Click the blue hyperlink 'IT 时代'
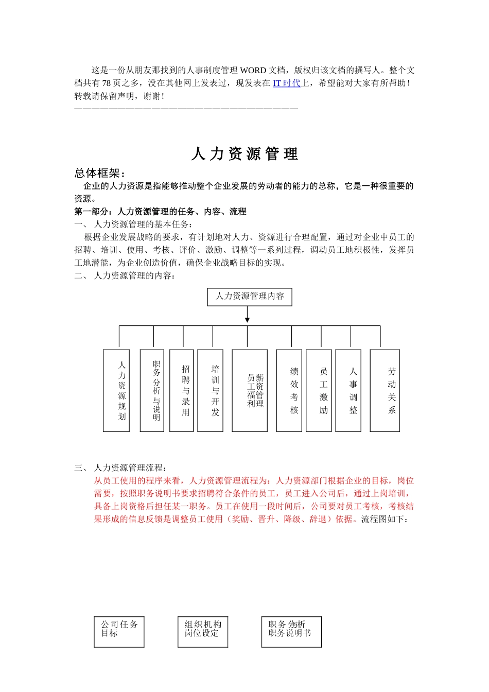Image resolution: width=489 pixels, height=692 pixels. pos(286,83)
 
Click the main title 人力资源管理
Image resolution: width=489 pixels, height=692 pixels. pos(244,154)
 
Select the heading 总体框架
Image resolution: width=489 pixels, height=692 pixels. pos(100,173)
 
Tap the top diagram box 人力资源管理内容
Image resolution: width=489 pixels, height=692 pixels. pos(250,297)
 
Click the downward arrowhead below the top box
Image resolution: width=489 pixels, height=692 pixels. pos(248,320)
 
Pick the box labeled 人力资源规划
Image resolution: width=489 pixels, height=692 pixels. pos(116,391)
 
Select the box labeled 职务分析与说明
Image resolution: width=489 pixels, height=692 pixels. pos(152,391)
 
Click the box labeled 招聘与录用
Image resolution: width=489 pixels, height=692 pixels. pos(182,391)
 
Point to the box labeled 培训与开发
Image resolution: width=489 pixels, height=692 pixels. pos(211,391)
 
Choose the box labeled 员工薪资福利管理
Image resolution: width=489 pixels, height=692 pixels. pos(250,391)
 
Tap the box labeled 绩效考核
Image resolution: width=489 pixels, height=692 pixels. pos(289,391)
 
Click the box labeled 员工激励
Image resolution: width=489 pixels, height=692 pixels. pos(319,391)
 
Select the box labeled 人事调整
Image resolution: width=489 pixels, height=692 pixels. pos(348,391)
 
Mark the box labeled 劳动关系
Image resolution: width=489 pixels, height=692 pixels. pos(385,391)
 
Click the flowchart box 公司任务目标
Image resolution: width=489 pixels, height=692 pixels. pos(119,632)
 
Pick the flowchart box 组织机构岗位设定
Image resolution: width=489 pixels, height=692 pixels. pos(203,632)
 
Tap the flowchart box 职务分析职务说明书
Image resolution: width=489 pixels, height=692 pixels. pos(291,632)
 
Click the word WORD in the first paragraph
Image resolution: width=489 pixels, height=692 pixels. pos(253,71)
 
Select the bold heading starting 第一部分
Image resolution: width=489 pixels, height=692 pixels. pos(160,212)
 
